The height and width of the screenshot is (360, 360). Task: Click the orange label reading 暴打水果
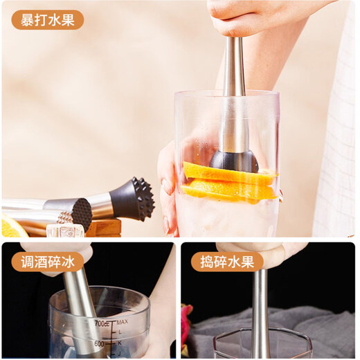[47, 19]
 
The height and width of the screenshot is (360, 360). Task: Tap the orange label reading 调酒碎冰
[47, 261]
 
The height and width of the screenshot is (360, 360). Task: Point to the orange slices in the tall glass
[228, 181]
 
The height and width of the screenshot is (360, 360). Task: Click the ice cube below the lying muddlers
[66, 231]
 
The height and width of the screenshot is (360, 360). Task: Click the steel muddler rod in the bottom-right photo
[261, 305]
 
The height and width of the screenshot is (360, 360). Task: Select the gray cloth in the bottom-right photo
[325, 332]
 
